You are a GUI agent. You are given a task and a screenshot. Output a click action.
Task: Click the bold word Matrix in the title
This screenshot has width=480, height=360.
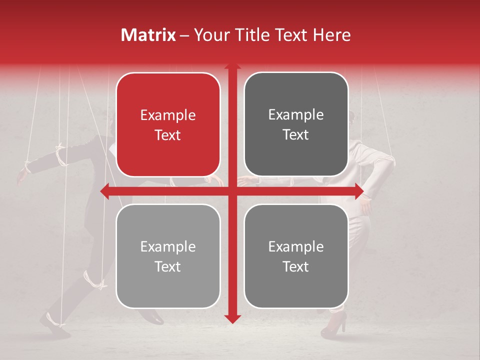(148, 35)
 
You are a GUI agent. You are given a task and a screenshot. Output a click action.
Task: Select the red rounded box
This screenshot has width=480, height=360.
(168, 124)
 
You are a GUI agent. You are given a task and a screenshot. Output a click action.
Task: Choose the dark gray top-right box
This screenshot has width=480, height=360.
(296, 124)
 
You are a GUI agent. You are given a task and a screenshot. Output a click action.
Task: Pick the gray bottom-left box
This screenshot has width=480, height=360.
(168, 256)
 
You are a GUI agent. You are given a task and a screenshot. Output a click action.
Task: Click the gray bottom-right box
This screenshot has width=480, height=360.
(296, 256)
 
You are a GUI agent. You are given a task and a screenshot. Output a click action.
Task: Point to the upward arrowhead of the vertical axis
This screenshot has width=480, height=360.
(232, 67)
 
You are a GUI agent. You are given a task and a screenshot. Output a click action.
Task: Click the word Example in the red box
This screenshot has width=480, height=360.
(168, 115)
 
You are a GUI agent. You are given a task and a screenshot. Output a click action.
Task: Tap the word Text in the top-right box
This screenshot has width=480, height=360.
(296, 135)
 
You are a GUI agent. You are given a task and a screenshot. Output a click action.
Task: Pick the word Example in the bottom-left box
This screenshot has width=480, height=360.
(168, 247)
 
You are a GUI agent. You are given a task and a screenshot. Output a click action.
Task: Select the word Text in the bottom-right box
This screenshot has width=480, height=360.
(296, 267)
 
